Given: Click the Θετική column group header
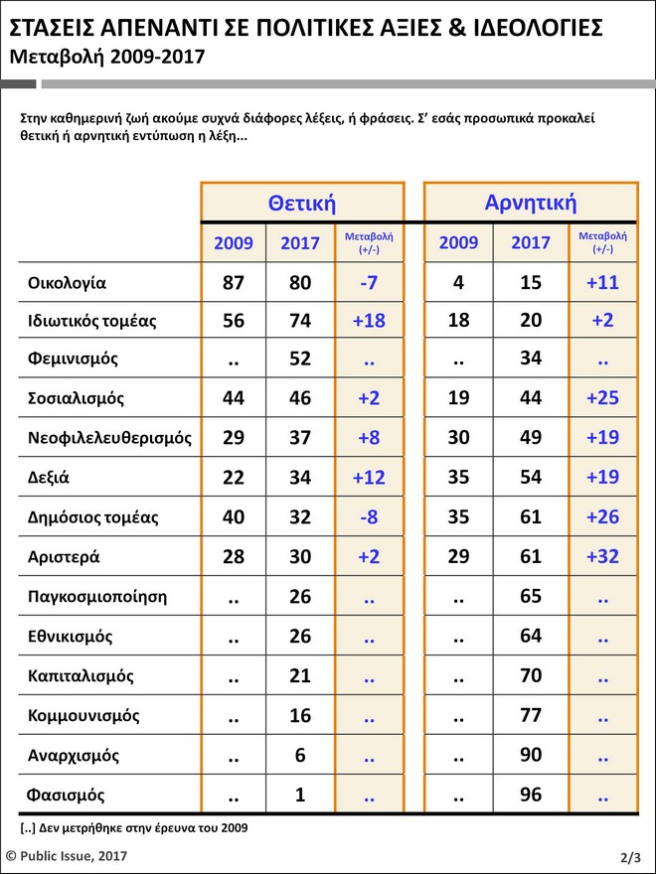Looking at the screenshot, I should click(x=302, y=204).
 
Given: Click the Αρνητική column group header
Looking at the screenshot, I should click(x=531, y=203).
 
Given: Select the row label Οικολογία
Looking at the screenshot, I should click(x=68, y=283).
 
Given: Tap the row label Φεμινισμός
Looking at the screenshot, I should click(x=74, y=359).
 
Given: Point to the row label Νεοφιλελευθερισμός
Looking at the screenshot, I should click(x=110, y=438).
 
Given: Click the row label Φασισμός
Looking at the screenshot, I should click(x=67, y=796).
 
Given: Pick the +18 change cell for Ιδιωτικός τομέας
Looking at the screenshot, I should click(x=369, y=321).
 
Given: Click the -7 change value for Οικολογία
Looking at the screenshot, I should click(x=369, y=283).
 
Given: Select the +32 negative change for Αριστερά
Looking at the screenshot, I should click(x=601, y=556).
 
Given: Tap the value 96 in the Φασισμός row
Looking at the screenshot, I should click(x=531, y=796).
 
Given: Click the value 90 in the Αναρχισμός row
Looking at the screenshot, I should click(x=531, y=756).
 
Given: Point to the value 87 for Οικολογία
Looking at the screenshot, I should click(x=234, y=283).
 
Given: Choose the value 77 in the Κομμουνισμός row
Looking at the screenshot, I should click(x=531, y=716).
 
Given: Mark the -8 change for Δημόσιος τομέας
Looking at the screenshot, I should click(x=369, y=517).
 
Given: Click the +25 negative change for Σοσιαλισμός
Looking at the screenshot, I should click(x=601, y=398).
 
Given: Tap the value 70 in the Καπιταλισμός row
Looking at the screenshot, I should click(x=531, y=676).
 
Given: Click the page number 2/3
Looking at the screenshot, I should click(x=629, y=856).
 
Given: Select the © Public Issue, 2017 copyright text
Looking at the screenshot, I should click(x=67, y=855).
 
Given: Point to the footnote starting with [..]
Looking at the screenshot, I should click(x=134, y=827).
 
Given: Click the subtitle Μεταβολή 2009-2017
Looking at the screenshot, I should click(x=106, y=57).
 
